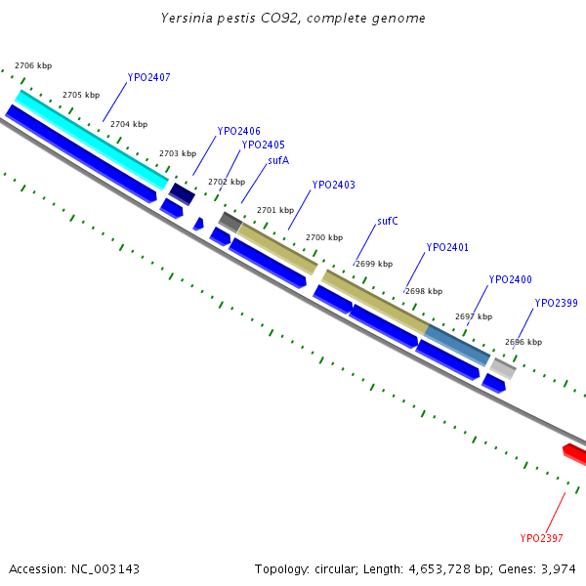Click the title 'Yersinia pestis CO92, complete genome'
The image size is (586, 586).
click(x=293, y=19)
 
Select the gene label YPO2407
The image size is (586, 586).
click(x=148, y=77)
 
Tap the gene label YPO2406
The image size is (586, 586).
click(x=238, y=131)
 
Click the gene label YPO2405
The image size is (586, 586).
click(x=263, y=145)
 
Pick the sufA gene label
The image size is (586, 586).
click(x=278, y=160)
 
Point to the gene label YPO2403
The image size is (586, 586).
click(x=333, y=185)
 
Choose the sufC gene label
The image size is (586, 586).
click(x=387, y=222)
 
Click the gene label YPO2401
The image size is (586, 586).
click(x=447, y=247)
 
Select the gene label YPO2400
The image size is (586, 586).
click(x=510, y=279)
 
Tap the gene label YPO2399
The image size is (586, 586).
click(x=556, y=303)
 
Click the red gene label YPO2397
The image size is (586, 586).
click(x=540, y=537)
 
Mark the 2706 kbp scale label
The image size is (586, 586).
click(x=33, y=65)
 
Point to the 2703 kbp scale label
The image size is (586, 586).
click(x=178, y=153)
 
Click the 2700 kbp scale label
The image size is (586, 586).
click(x=324, y=237)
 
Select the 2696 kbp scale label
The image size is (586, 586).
click(x=523, y=342)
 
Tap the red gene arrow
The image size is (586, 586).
click(x=575, y=453)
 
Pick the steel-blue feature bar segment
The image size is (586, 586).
click(x=457, y=345)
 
